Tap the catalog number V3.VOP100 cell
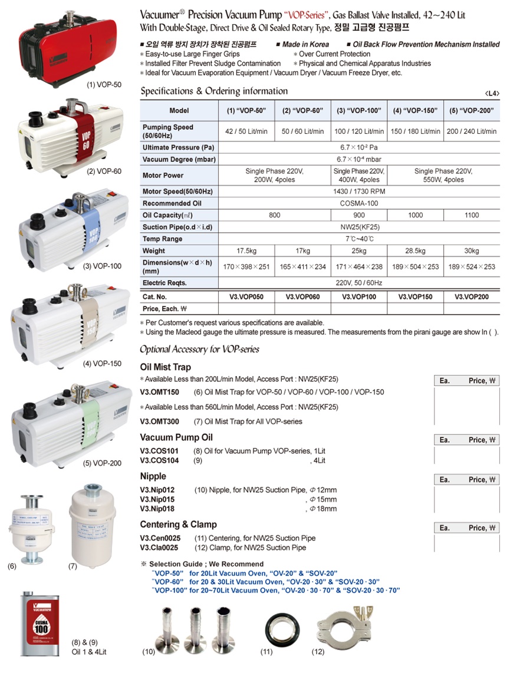click(359, 296)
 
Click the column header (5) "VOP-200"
click(472, 110)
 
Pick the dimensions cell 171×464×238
click(359, 266)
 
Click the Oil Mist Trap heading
click(165, 367)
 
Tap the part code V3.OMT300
click(159, 421)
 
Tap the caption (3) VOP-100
click(102, 266)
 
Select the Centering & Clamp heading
click(178, 525)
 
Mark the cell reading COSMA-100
click(359, 203)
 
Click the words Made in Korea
click(305, 44)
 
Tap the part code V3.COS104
click(159, 460)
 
